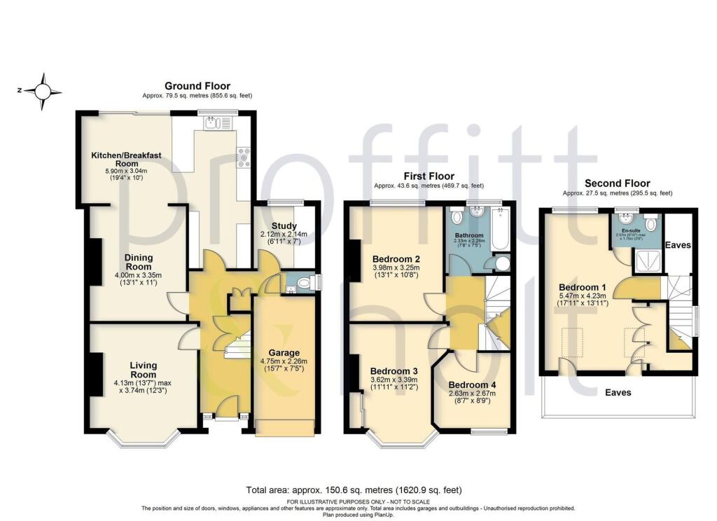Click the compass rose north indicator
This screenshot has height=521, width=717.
coord(43,91)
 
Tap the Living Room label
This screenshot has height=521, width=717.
coord(143,370)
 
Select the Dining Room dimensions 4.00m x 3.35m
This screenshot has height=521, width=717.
coord(138,275)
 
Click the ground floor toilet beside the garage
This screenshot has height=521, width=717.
coord(303,284)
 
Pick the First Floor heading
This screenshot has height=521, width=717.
coord(429,176)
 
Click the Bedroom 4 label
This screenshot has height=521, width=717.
coord(472,384)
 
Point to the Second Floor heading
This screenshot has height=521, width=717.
coord(617,183)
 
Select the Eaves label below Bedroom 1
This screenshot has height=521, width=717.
coord(618,393)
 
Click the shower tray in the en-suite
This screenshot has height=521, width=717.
coord(646,263)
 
